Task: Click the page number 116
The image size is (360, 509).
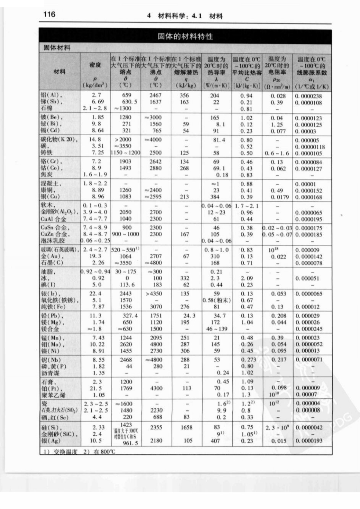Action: tap(49, 14)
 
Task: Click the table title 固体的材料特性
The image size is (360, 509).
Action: tap(185, 36)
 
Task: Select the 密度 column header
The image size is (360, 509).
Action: tap(95, 65)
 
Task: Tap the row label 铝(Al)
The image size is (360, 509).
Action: tap(51, 95)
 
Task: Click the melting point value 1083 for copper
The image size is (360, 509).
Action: tap(125, 197)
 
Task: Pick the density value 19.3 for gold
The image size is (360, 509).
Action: tap(95, 256)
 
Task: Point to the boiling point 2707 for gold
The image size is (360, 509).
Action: tap(156, 256)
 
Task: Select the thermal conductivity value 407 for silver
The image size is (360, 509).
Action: tap(215, 441)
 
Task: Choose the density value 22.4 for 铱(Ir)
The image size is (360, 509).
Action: tap(95, 293)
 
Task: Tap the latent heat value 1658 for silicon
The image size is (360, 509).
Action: tap(186, 427)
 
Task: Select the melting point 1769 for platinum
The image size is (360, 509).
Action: tap(126, 388)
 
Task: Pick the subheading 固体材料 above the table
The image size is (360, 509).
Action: tap(57, 48)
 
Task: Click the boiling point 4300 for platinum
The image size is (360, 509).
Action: tap(156, 388)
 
